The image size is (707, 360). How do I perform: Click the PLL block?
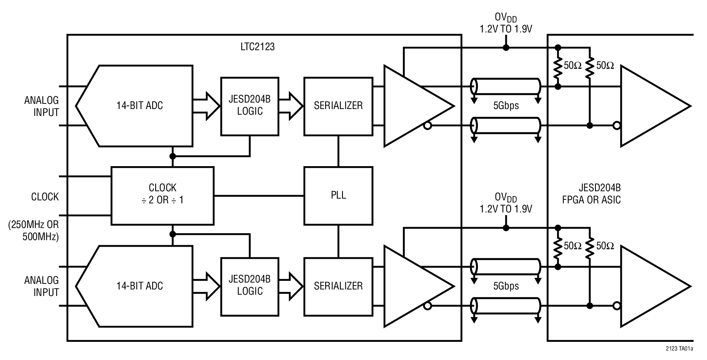[x=338, y=196]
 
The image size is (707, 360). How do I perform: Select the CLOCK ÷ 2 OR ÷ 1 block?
[x=162, y=196]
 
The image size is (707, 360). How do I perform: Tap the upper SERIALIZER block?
[x=338, y=106]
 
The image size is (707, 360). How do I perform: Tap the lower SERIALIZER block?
[x=338, y=286]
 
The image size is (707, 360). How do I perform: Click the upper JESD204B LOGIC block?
[x=250, y=106]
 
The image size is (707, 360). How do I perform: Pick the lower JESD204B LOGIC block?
[x=250, y=286]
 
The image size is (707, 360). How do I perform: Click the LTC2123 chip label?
[x=258, y=47]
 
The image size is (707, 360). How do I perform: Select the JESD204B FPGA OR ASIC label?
[x=591, y=194]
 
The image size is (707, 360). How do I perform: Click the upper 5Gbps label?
[x=506, y=106]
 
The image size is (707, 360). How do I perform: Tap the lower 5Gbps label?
[x=506, y=286]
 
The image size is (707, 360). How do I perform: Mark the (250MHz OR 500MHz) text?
[x=33, y=231]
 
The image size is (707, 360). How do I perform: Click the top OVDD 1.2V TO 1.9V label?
[x=505, y=23]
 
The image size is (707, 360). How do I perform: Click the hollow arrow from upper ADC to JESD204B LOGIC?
[x=206, y=106]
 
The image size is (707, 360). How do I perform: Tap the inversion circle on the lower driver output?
[x=427, y=306]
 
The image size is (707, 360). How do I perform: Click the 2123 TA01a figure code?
[x=679, y=348]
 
